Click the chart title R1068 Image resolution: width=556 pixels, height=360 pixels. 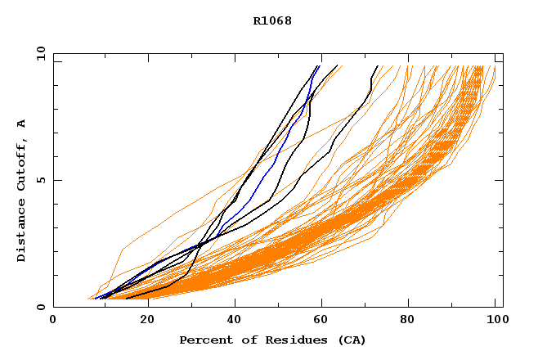click(x=272, y=20)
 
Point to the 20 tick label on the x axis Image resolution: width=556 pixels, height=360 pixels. click(x=142, y=321)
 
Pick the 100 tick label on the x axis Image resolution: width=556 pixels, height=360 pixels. click(x=495, y=321)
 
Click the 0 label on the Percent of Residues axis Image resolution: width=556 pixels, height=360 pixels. click(x=53, y=321)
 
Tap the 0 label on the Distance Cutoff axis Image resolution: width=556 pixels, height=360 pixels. click(x=41, y=307)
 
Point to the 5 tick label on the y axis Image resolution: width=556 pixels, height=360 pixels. click(x=41, y=180)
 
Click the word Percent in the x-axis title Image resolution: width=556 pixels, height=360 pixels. click(x=202, y=340)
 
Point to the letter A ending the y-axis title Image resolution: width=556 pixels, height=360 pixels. click(x=21, y=124)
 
